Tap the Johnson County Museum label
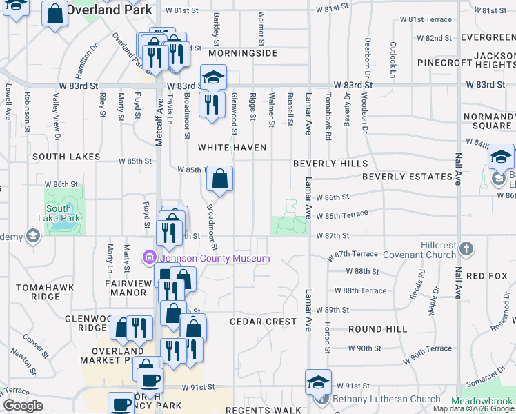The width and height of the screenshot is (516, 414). point(213,258)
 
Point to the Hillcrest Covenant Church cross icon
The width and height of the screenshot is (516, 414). point(467,248)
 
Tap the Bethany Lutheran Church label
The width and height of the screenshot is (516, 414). point(386,399)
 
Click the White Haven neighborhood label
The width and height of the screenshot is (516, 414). point(232,148)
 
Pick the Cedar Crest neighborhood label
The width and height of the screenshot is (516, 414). point(263,322)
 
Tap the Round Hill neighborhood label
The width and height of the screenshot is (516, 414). point(377,330)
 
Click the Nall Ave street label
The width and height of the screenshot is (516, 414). point(457,170)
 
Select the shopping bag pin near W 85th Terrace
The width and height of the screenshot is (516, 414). point(219,179)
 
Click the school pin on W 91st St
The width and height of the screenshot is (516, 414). point(319,382)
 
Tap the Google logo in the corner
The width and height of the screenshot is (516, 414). point(23,406)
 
